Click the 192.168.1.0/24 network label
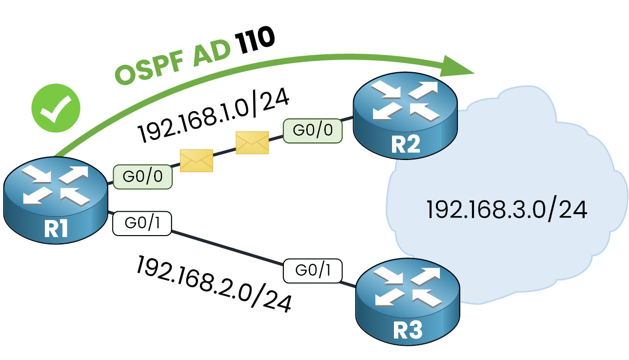coord(214,118)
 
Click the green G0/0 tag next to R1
coord(142,177)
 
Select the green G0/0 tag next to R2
coord(312,130)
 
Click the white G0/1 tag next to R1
coord(142,223)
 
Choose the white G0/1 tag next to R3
coord(313,269)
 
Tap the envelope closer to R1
coord(197,160)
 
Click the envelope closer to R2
coord(252,142)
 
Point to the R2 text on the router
coord(406,144)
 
